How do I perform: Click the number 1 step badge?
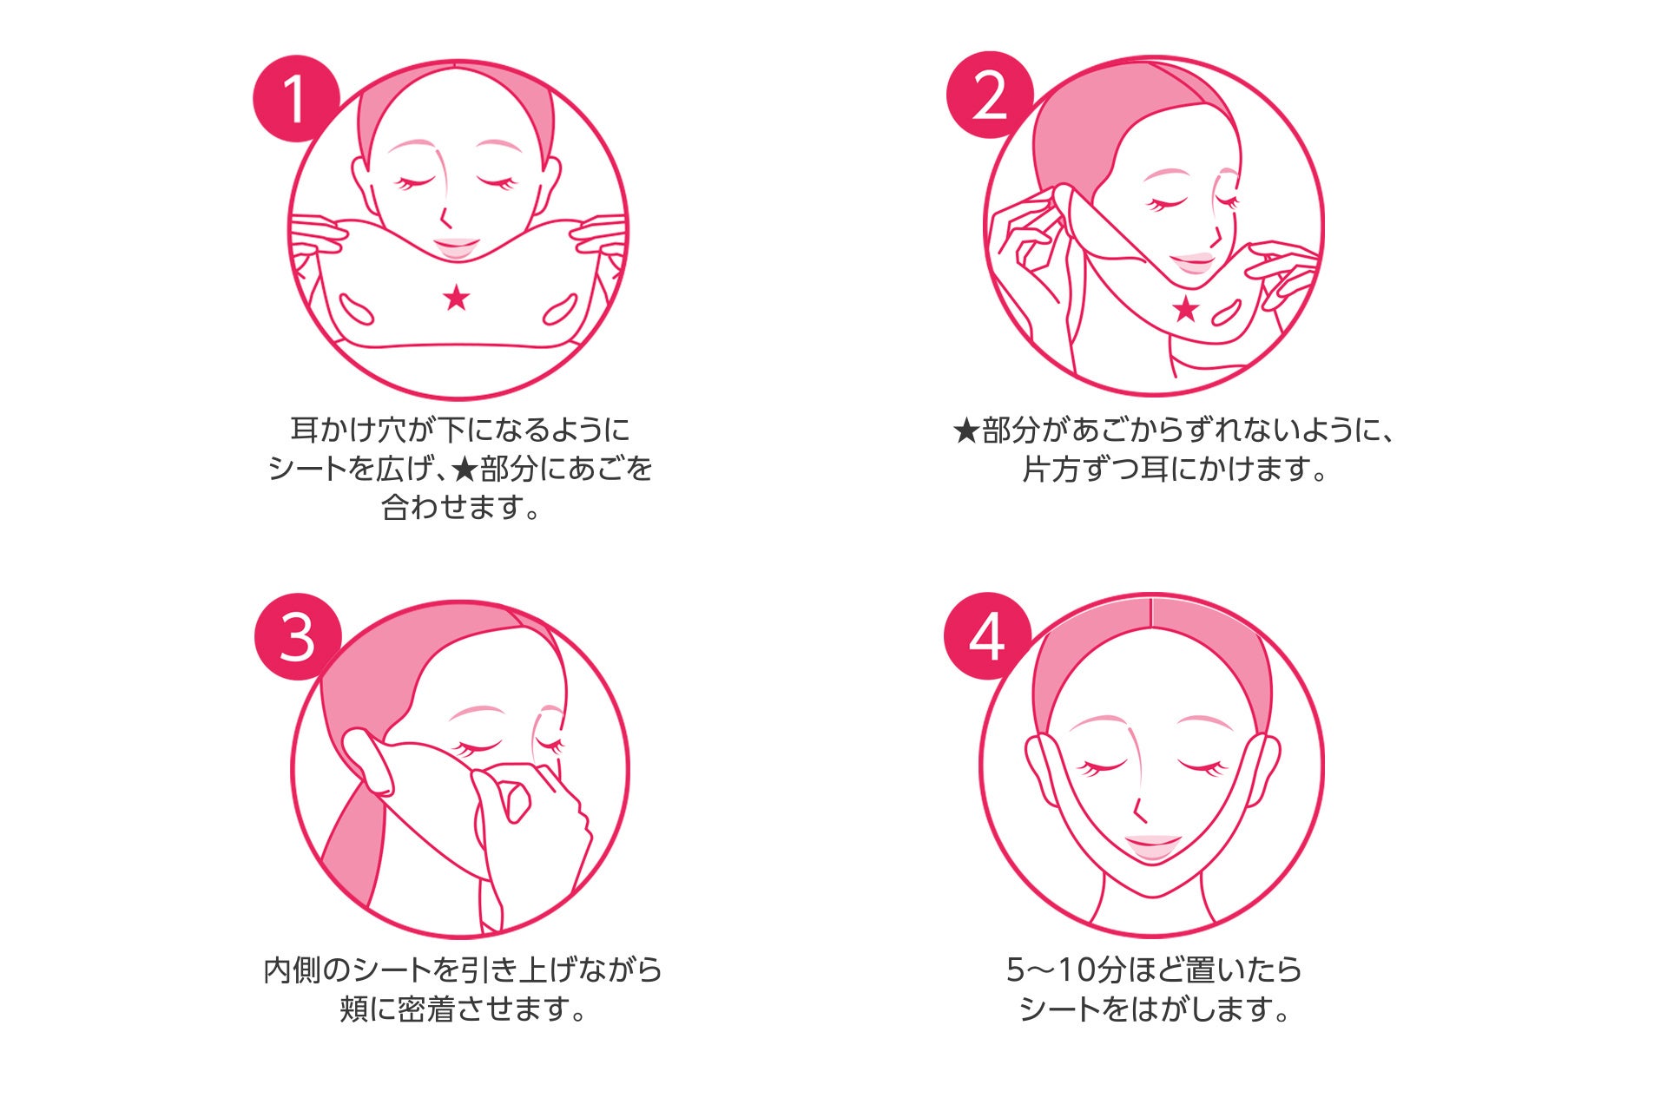pos(295,99)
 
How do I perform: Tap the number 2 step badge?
pos(990,95)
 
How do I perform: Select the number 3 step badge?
pos(298,637)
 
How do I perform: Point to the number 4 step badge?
pos(987,636)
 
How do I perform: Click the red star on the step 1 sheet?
pos(456,298)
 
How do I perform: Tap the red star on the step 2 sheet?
pos(1185,308)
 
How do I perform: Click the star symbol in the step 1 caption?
pos(465,469)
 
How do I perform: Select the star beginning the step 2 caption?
pos(966,431)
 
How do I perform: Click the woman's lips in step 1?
pos(456,247)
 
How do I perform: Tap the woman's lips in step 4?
pos(1152,847)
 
